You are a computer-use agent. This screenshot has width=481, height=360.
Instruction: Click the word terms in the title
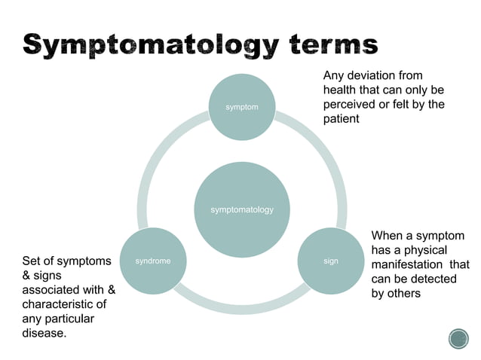pyautogui.click(x=329, y=43)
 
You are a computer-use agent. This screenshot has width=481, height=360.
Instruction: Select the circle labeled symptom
pyautogui.click(x=241, y=107)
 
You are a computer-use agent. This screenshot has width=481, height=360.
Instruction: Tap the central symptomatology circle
pyautogui.click(x=241, y=209)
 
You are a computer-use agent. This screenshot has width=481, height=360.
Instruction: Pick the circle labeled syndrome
pyautogui.click(x=152, y=261)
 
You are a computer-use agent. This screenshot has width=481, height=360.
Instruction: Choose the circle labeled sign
pyautogui.click(x=330, y=261)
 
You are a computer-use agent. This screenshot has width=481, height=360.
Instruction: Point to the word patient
pyautogui.click(x=342, y=119)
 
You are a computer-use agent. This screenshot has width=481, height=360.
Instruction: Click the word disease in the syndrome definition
pyautogui.click(x=44, y=332)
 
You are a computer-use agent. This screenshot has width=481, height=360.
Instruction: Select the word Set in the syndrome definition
pyautogui.click(x=32, y=261)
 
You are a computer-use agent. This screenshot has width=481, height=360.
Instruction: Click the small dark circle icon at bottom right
pyautogui.click(x=458, y=339)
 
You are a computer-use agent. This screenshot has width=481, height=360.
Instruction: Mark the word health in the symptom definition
pyautogui.click(x=341, y=90)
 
